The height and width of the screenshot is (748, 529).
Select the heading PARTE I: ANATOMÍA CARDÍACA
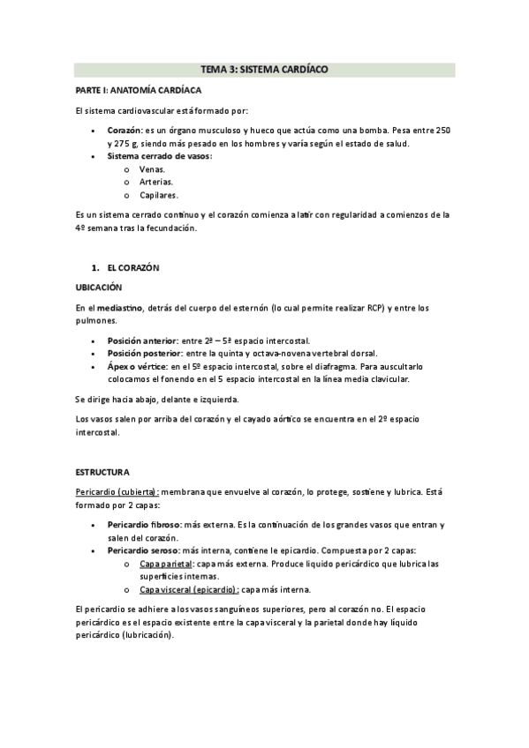[x=138, y=90]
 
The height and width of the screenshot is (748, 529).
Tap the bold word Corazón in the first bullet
[x=124, y=131]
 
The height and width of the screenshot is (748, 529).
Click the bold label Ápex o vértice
[x=140, y=367]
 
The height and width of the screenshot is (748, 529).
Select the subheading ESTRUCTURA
[x=103, y=472]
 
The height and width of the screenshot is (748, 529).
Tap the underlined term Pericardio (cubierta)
[x=117, y=491]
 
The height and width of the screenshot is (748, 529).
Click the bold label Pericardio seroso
[x=143, y=550]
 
